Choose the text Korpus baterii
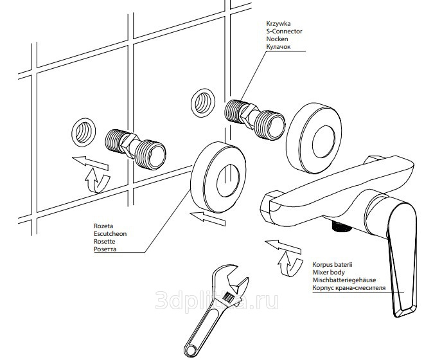(333, 264)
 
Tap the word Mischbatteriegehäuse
(344, 280)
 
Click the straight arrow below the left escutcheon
(211, 219)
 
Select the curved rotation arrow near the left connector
(96, 179)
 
